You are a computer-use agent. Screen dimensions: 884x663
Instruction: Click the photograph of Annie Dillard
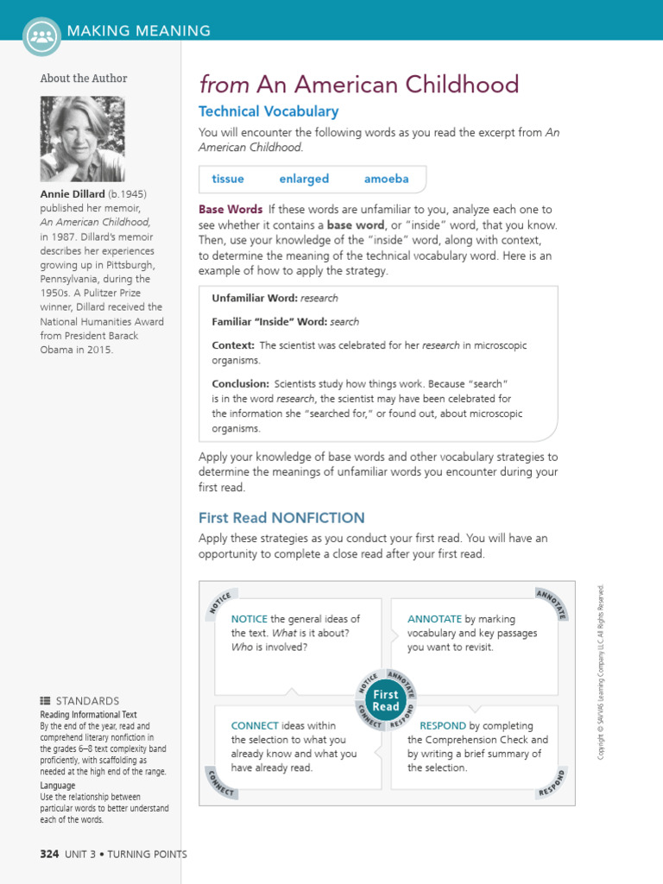click(82, 138)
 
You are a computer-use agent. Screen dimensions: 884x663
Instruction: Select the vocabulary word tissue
click(228, 179)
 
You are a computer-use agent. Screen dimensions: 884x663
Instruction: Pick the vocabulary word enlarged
click(304, 179)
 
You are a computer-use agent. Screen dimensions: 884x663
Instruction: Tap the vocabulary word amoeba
click(386, 179)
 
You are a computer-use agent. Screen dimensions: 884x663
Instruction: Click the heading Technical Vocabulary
click(268, 111)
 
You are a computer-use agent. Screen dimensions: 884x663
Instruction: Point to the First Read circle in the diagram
click(386, 700)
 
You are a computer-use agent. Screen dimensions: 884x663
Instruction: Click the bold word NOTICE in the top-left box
click(249, 619)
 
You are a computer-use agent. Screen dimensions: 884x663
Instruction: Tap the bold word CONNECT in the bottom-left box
click(255, 726)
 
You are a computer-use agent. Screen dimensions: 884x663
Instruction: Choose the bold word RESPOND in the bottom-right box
click(443, 726)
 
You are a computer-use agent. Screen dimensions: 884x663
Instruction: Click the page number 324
click(49, 854)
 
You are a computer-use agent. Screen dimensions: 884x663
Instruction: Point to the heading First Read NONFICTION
click(281, 518)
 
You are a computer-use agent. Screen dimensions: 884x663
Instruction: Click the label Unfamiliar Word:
click(255, 298)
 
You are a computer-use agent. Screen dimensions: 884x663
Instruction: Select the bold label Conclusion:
click(240, 383)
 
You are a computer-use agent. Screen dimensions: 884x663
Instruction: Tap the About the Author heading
click(84, 79)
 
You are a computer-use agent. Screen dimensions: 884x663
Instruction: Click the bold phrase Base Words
click(230, 210)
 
